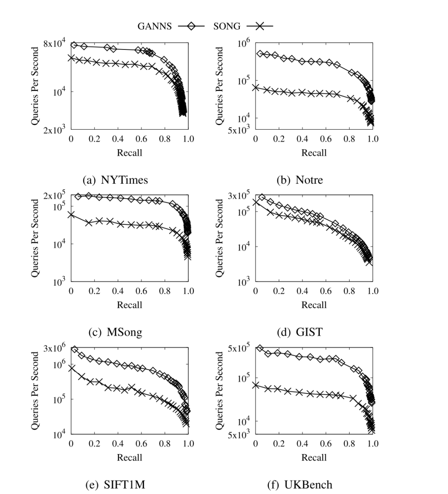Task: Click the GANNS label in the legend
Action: tap(154, 27)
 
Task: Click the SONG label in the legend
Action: tap(226, 27)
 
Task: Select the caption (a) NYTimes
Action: tap(115, 180)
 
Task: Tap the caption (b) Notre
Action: tap(299, 180)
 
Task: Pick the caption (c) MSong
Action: tap(115, 332)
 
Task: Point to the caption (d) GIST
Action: tap(299, 332)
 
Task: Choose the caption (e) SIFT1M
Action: tap(115, 485)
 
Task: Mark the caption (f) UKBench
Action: tap(299, 485)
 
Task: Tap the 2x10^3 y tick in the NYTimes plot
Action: tap(55, 130)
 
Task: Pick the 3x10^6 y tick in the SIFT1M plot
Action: tap(55, 349)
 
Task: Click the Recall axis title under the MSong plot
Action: tap(129, 305)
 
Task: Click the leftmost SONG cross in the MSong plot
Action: tap(71, 214)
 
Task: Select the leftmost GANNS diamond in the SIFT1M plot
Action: tap(75, 349)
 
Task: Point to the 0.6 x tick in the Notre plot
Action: tap(326, 138)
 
